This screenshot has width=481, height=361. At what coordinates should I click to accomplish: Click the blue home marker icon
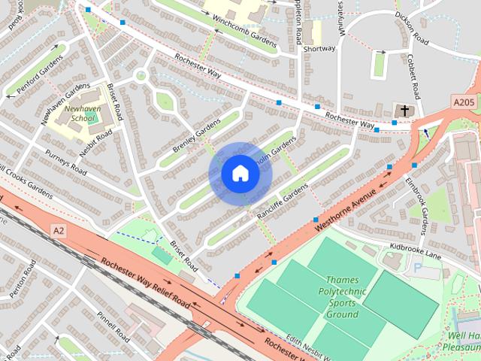click(x=240, y=174)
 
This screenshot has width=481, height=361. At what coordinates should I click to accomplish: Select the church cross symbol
click(x=404, y=111)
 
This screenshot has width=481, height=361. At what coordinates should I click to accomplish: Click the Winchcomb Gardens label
click(x=244, y=29)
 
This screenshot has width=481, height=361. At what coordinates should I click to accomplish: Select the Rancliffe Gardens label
click(x=282, y=198)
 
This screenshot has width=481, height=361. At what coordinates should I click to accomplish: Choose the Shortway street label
click(x=319, y=49)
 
